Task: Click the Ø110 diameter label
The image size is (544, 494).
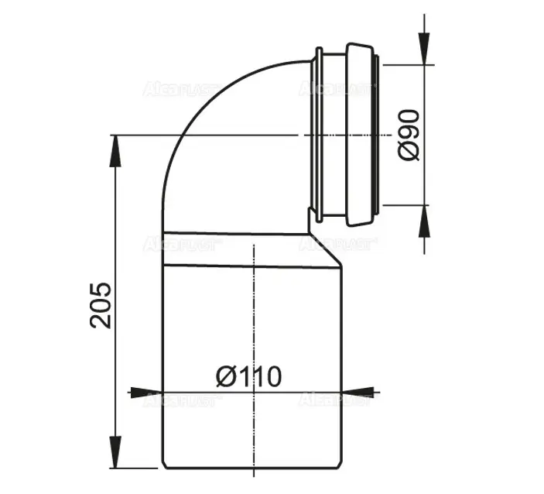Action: pyautogui.click(x=248, y=376)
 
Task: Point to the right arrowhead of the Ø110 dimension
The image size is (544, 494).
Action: pyautogui.click(x=358, y=392)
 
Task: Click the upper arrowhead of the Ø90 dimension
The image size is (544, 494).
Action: pyautogui.click(x=423, y=50)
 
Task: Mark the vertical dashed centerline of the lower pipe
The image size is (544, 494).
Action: pyautogui.click(x=252, y=325)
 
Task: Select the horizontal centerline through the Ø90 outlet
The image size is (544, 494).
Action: pyautogui.click(x=232, y=136)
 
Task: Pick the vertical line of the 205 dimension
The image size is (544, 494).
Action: pyautogui.click(x=115, y=232)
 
